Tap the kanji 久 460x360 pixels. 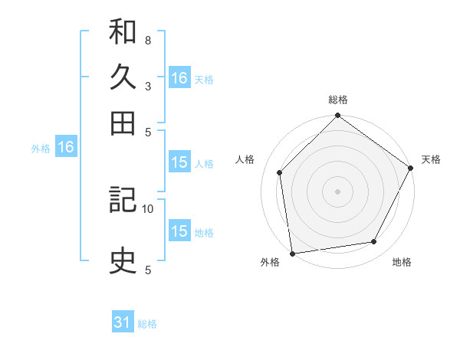pyautogui.click(x=123, y=78)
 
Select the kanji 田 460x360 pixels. pyautogui.click(x=123, y=123)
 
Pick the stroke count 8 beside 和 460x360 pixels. pyautogui.click(x=147, y=40)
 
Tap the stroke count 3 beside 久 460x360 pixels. pyautogui.click(x=147, y=86)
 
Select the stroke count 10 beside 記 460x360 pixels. pyautogui.click(x=148, y=208)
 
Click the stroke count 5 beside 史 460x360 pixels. pyautogui.click(x=147, y=270)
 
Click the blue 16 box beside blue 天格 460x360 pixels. pyautogui.click(x=179, y=78)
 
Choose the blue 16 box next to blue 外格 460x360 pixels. pyautogui.click(x=66, y=148)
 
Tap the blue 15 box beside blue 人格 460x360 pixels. pyautogui.click(x=179, y=162)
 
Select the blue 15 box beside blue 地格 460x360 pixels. pyautogui.click(x=179, y=231)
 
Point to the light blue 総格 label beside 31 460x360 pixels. pyautogui.click(x=148, y=324)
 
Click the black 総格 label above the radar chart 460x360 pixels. pyautogui.click(x=338, y=100)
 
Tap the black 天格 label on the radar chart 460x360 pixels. pyautogui.click(x=432, y=159)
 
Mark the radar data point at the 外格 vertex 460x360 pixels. pyautogui.click(x=292, y=254)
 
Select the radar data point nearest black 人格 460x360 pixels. pyautogui.click(x=280, y=172)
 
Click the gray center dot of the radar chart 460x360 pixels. pyautogui.click(x=338, y=191)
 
